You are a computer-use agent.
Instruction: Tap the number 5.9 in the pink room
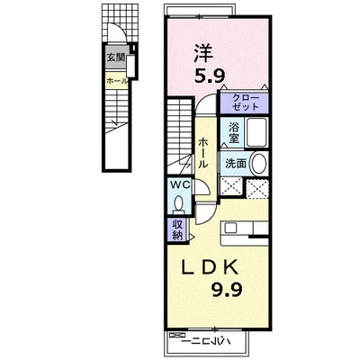(x=210, y=76)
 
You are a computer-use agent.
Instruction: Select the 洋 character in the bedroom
(x=203, y=53)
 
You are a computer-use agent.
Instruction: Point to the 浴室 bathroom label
(x=233, y=133)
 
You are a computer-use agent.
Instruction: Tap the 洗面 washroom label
(x=236, y=164)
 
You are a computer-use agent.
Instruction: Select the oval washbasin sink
(x=258, y=164)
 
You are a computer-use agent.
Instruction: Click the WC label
(x=180, y=184)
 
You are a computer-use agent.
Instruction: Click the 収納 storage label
(x=177, y=229)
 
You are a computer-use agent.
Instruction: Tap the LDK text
(x=211, y=266)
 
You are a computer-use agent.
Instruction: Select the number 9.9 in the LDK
(x=227, y=290)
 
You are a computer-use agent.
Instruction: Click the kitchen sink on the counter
(x=231, y=229)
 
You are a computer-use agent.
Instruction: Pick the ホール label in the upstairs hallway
(x=203, y=152)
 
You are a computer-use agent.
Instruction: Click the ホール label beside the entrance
(x=117, y=81)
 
